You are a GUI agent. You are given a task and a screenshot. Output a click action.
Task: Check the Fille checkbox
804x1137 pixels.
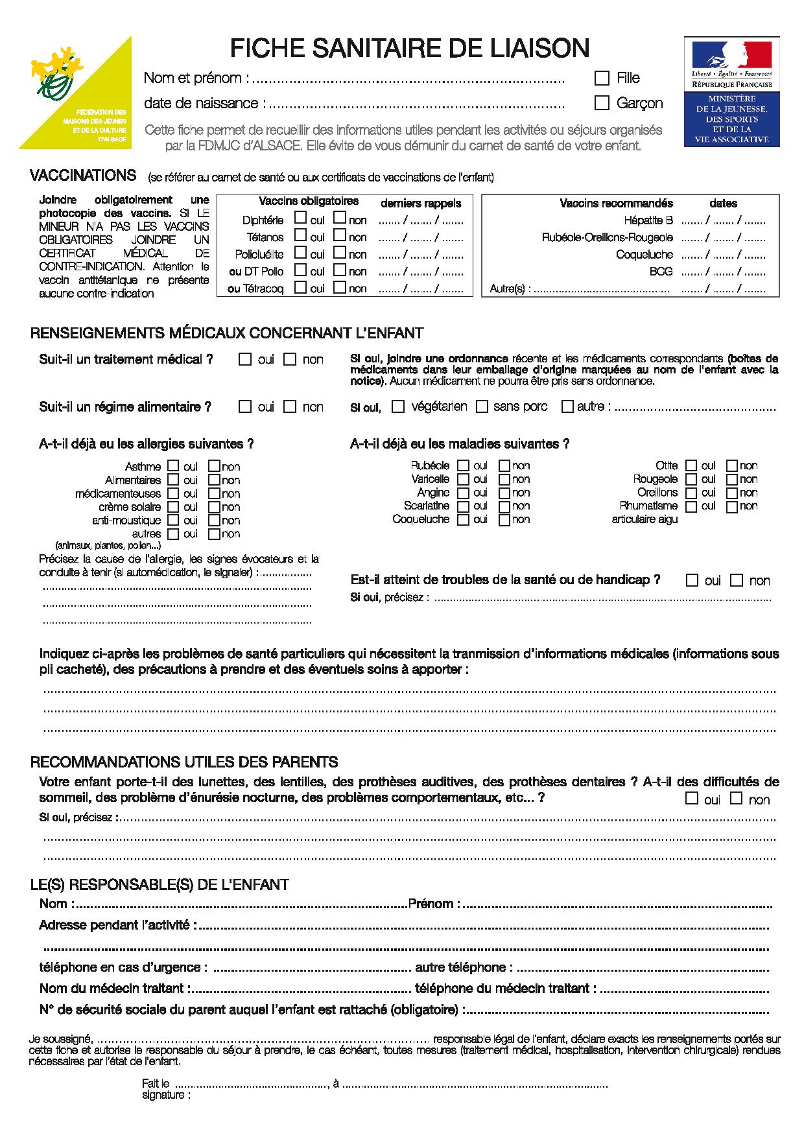click(602, 78)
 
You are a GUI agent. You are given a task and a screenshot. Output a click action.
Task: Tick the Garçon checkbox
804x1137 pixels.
click(602, 103)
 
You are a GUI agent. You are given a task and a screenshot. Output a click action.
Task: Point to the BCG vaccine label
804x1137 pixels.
click(661, 272)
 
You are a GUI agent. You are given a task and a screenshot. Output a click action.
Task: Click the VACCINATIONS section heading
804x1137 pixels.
click(83, 176)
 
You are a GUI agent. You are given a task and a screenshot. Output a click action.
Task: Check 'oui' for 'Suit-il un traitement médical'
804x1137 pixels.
click(245, 358)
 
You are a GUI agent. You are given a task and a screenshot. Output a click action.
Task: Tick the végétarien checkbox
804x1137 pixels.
click(399, 406)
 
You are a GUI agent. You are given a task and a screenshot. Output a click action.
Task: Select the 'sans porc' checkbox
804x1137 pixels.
click(482, 406)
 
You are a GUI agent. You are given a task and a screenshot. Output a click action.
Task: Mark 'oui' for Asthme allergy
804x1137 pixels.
click(173, 465)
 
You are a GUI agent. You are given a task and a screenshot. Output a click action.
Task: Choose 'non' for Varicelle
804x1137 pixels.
click(504, 479)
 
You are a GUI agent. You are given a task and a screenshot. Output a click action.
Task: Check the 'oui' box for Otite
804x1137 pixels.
click(691, 465)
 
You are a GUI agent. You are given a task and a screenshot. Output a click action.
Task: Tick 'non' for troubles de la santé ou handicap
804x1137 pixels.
click(736, 580)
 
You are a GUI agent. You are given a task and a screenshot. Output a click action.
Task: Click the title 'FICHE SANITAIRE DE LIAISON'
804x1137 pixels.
click(410, 49)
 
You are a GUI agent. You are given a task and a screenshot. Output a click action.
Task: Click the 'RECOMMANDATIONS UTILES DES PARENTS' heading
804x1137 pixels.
click(184, 762)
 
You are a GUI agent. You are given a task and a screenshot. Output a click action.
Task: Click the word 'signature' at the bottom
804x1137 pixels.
click(165, 1096)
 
